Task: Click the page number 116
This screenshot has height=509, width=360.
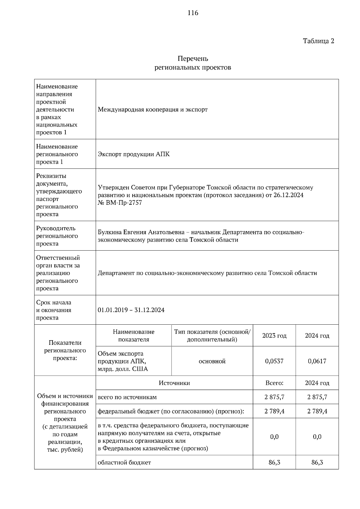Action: pos(193,13)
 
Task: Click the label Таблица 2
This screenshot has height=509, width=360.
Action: pos(318,41)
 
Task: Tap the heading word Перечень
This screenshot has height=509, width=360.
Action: pos(193,58)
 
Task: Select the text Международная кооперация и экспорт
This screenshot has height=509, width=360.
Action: pos(153,109)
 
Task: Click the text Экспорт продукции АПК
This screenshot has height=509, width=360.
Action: pos(133,154)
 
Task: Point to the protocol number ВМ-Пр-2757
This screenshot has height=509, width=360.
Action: pos(124,203)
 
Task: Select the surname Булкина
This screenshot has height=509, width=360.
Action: pos(110,232)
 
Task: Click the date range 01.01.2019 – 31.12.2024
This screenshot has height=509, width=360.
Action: pos(131,310)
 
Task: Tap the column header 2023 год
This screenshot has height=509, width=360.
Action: pos(274,336)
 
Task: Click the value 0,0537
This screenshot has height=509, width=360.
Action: pos(274,361)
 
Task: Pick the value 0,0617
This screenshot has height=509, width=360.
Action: pos(317,361)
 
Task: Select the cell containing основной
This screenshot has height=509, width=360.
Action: pos(212,361)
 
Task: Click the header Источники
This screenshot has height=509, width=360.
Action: pos(174,383)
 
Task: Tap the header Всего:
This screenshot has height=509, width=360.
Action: pos(274,383)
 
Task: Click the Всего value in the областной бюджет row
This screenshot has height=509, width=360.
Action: pos(274,462)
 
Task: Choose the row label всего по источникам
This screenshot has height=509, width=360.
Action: pos(127,397)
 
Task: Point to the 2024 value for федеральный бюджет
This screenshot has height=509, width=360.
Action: pos(317,411)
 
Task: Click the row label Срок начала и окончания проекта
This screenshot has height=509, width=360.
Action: pos(54,310)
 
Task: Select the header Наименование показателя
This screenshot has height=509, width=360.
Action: pos(133,336)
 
